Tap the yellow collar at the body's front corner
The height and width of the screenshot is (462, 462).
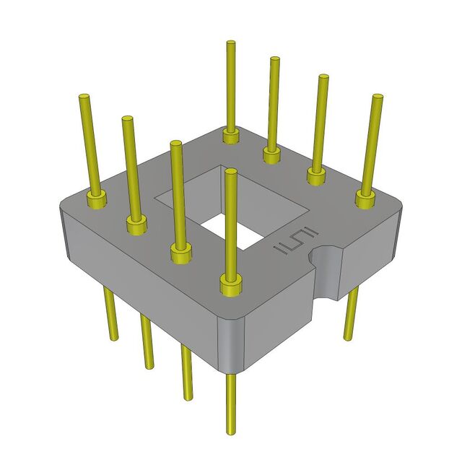pos(230,287)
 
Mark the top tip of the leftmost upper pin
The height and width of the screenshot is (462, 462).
pos(84,97)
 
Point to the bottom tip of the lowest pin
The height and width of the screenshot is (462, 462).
pos(232,432)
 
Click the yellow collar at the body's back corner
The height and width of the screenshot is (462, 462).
pos(231,136)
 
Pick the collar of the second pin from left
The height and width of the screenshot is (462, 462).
pos(136,225)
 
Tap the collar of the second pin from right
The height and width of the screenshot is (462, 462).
pos(316,175)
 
